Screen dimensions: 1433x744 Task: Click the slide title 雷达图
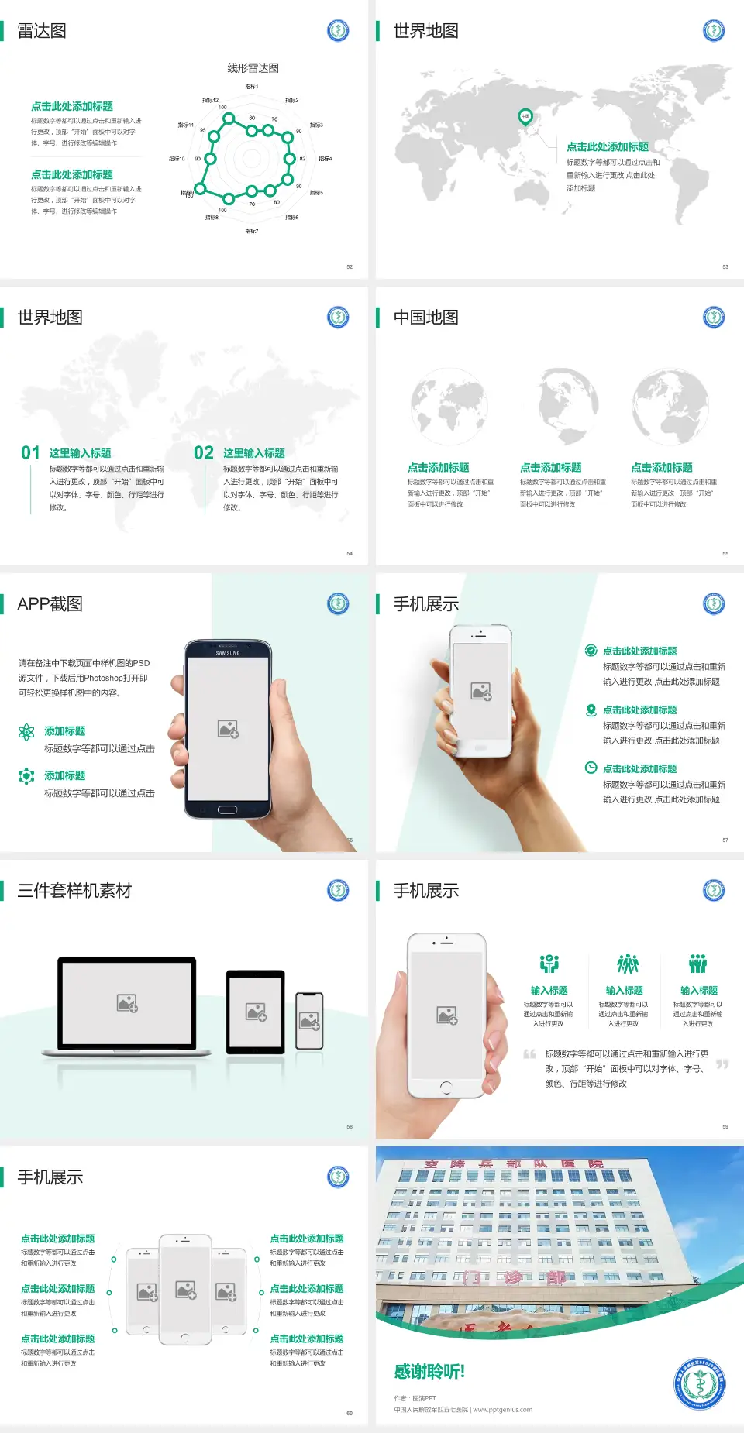coord(42,31)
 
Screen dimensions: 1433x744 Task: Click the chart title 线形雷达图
coord(253,68)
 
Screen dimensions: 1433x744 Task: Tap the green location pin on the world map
coord(525,117)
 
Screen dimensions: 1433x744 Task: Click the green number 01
coord(30,453)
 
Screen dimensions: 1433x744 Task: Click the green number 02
coord(204,453)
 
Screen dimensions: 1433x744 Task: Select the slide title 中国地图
coord(425,318)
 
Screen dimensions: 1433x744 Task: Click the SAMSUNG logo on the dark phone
coord(228,653)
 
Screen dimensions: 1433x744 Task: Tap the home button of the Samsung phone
coord(227,809)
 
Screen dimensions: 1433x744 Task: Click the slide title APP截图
coord(50,604)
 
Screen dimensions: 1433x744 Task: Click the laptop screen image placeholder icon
coord(127,1003)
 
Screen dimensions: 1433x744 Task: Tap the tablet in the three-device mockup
coord(256,1011)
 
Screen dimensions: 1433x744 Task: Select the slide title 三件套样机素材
coord(74,891)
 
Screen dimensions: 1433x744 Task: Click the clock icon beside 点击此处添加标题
coord(591,768)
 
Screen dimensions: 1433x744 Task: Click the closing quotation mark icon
coord(722,1064)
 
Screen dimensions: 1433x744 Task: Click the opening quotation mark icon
coord(529,1054)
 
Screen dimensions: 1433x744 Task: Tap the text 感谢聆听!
coord(429,1372)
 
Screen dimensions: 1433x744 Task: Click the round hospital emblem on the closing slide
coord(700,1383)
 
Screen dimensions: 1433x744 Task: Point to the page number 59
coord(725,1126)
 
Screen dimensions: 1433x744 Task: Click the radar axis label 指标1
coord(252,87)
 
